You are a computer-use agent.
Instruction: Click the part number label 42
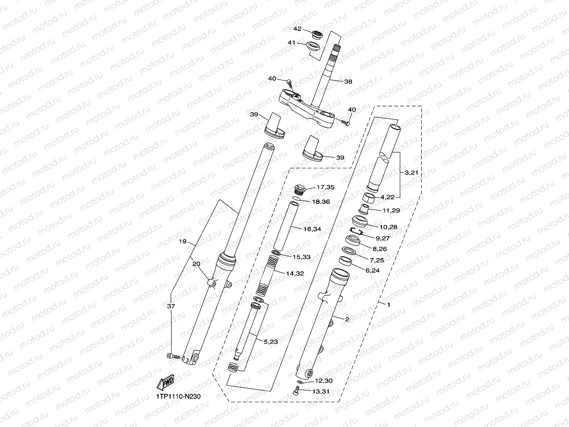point(297,29)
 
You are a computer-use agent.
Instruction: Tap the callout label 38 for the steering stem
point(348,81)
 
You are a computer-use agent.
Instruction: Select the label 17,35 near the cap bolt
point(325,188)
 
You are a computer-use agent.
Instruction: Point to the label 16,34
point(313,229)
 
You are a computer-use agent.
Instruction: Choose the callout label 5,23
point(271,342)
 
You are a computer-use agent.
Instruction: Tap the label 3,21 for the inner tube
point(411,173)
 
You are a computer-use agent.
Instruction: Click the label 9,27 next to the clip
point(382,238)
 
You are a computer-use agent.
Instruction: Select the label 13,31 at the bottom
point(320,391)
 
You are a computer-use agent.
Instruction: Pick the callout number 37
point(171,306)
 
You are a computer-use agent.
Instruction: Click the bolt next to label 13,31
point(295,391)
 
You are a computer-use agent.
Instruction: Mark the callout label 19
point(182,242)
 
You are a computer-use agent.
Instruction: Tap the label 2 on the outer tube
point(347,320)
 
